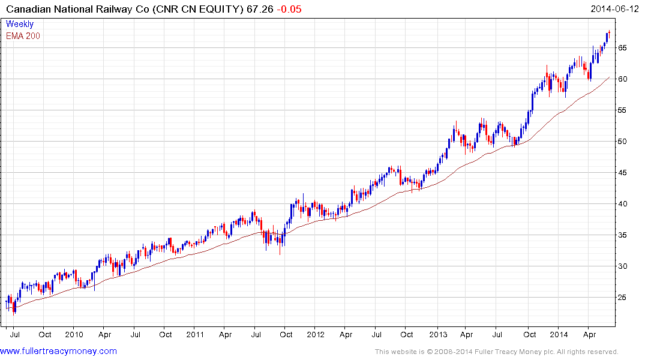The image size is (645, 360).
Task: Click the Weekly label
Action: click(19, 24)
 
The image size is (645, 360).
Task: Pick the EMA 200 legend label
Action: click(23, 36)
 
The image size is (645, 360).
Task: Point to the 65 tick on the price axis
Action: click(623, 48)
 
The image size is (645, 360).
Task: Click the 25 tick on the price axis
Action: click(623, 298)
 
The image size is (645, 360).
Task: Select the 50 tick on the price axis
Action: click(623, 142)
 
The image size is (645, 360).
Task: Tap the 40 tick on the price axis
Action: click(623, 204)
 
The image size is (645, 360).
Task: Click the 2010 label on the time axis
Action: click(74, 334)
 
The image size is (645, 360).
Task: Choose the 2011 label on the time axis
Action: click(196, 334)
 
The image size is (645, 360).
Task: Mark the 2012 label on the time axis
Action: click(316, 334)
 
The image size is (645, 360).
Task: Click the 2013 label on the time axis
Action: click(438, 334)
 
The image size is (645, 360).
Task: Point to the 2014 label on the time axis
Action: click(559, 334)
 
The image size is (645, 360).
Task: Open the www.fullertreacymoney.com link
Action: click(59, 351)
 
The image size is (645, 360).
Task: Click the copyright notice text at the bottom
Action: click(496, 352)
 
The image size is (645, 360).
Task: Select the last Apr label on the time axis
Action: click(589, 334)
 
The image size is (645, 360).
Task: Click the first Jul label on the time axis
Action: click(14, 334)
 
